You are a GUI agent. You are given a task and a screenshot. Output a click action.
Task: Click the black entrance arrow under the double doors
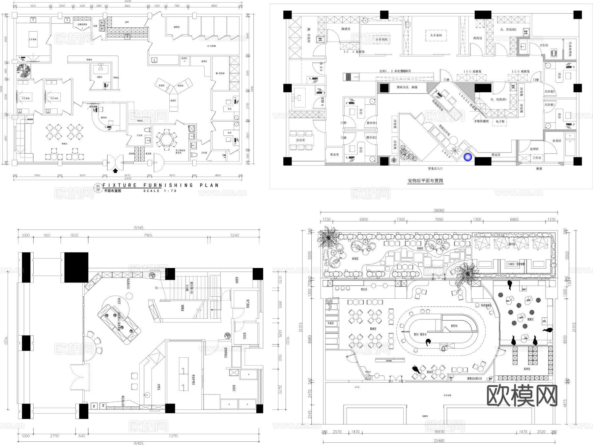click(115, 171)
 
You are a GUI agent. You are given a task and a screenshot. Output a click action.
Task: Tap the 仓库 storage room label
click(127, 22)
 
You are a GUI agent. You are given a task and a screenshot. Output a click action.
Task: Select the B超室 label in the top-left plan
click(99, 77)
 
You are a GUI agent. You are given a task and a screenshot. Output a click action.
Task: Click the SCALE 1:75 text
click(160, 191)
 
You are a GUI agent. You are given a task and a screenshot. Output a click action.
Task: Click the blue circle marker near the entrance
click(467, 157)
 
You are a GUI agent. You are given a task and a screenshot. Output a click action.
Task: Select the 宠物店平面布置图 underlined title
click(425, 181)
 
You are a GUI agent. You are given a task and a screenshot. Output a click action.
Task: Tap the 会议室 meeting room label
click(300, 140)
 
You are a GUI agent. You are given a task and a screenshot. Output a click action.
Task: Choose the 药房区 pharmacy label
click(477, 38)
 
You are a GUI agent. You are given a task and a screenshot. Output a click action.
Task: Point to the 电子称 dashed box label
click(500, 121)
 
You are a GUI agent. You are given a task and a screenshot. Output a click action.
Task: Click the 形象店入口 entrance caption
click(435, 168)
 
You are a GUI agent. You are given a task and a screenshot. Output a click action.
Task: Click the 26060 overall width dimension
click(439, 210)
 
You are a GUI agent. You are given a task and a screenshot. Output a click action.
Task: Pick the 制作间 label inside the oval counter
click(454, 326)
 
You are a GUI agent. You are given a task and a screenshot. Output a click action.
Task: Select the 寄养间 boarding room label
click(526, 369)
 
